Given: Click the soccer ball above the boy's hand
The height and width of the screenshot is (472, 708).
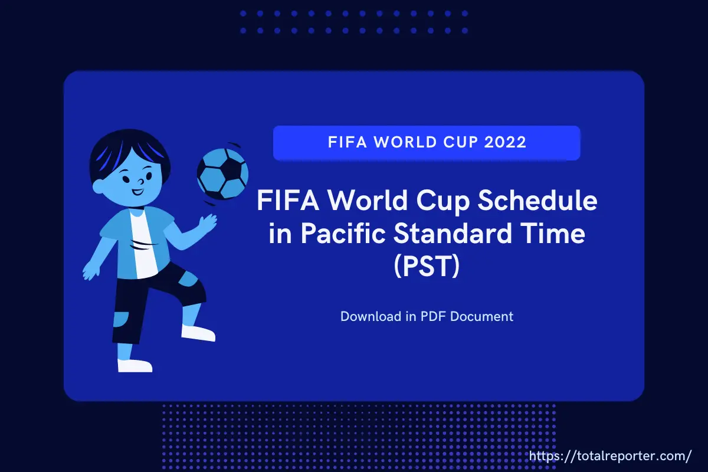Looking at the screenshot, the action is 222,174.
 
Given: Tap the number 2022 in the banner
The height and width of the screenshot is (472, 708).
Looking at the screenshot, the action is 505,142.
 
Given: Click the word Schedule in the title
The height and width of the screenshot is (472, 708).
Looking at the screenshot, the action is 537,201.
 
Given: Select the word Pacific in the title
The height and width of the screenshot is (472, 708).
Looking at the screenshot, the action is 343,234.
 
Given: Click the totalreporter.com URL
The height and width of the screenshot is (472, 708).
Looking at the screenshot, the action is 610,456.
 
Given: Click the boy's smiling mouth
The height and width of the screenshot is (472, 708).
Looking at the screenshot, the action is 137,192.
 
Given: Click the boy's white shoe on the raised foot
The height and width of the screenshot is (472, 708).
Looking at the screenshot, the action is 198,333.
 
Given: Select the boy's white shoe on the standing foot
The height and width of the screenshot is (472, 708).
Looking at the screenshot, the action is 135,365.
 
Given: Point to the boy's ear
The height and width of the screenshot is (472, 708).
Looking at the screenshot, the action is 98,187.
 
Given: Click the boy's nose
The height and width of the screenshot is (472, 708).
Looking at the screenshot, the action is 141,182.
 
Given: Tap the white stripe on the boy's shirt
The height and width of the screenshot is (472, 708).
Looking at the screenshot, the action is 144,245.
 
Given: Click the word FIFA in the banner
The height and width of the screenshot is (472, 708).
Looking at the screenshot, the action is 348,142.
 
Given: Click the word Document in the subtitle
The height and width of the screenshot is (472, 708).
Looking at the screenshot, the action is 481,316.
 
